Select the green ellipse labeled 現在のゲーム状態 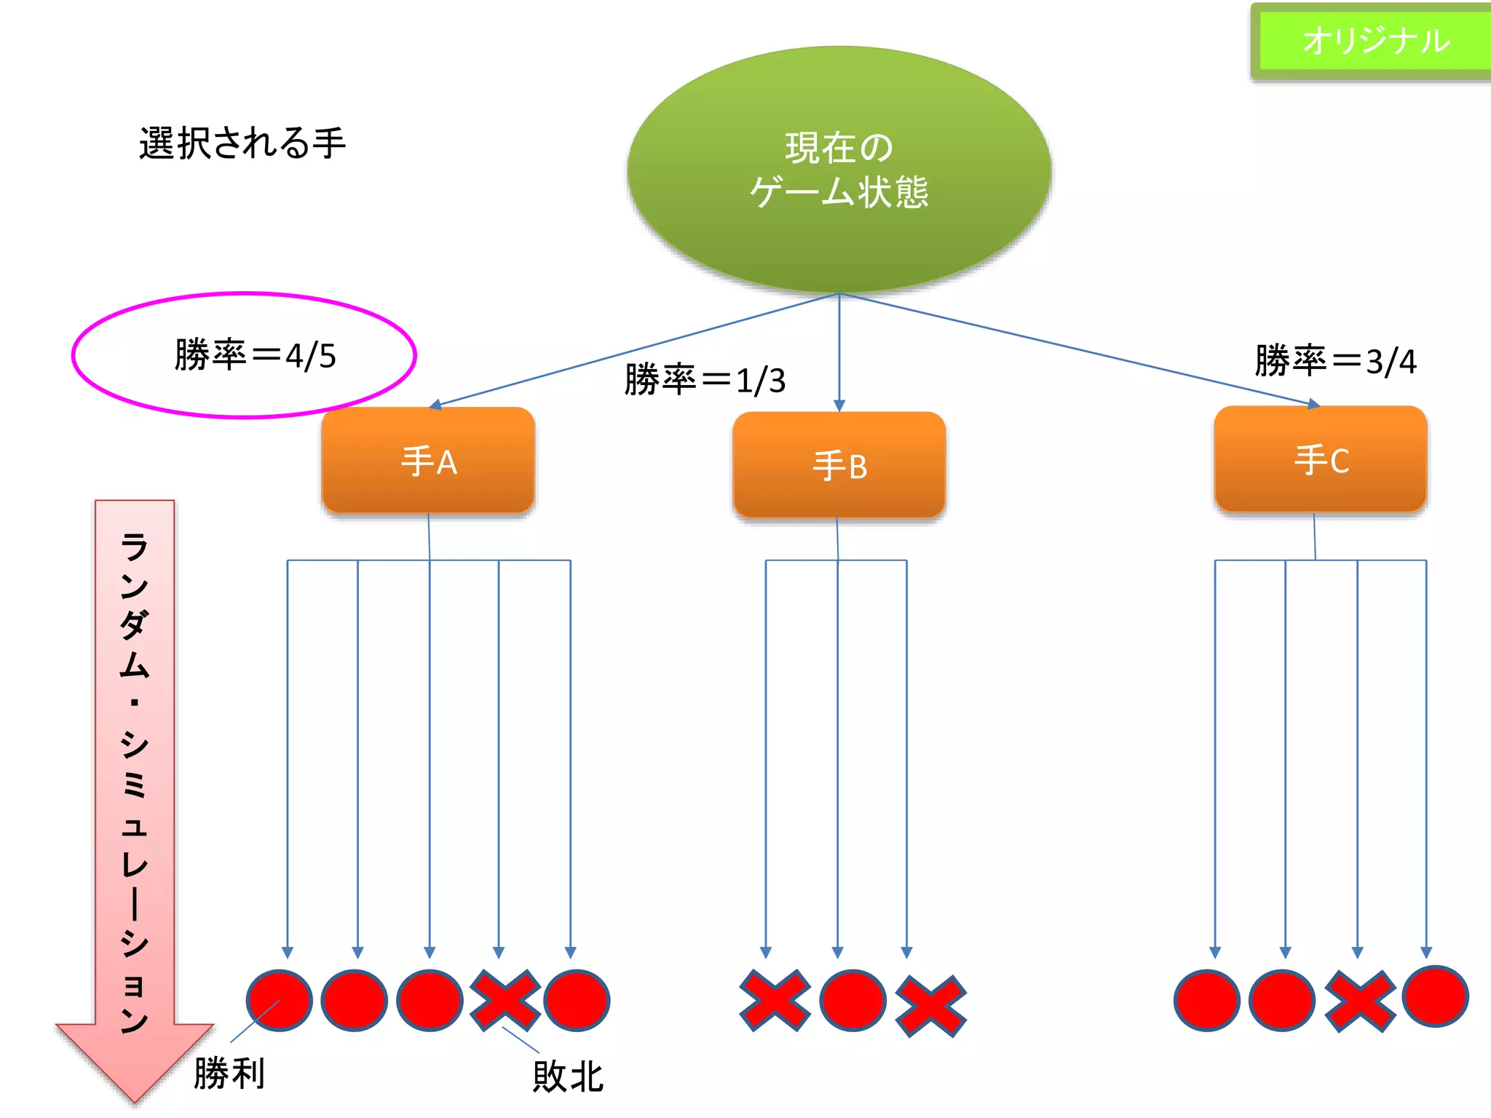coord(839,170)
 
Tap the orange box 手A coord(428,461)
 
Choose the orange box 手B coord(839,466)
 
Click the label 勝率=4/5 coord(255,356)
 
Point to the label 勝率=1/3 coord(705,380)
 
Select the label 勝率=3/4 coord(1335,361)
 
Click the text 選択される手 coord(242,143)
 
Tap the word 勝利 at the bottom coord(229,1074)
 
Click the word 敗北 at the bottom coord(568,1077)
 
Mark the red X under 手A coord(505,1000)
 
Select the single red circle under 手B coord(853,1000)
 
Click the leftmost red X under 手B coord(775,1000)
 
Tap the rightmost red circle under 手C coord(1435,996)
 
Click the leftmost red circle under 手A coord(279,1000)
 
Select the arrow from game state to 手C coord(1077,349)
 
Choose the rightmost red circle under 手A coord(577,1000)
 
